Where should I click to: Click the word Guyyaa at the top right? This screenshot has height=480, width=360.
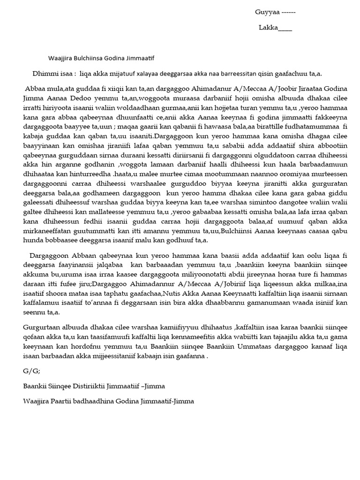(x=265, y=12)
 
